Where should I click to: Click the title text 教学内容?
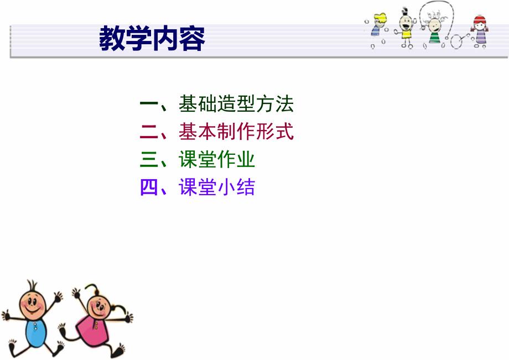pos(152,39)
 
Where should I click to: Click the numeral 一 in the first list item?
pos(149,103)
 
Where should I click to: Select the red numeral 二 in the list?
pos(149,132)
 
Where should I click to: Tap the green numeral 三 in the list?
pos(149,160)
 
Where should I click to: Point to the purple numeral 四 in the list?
pos(149,188)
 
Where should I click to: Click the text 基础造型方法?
pos(236,103)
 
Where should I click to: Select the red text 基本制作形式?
pos(236,132)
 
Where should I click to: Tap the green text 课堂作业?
pos(216,160)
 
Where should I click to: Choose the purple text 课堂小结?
pos(216,188)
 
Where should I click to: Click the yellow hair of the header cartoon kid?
pos(380,19)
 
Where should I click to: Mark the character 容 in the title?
pos(192,39)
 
